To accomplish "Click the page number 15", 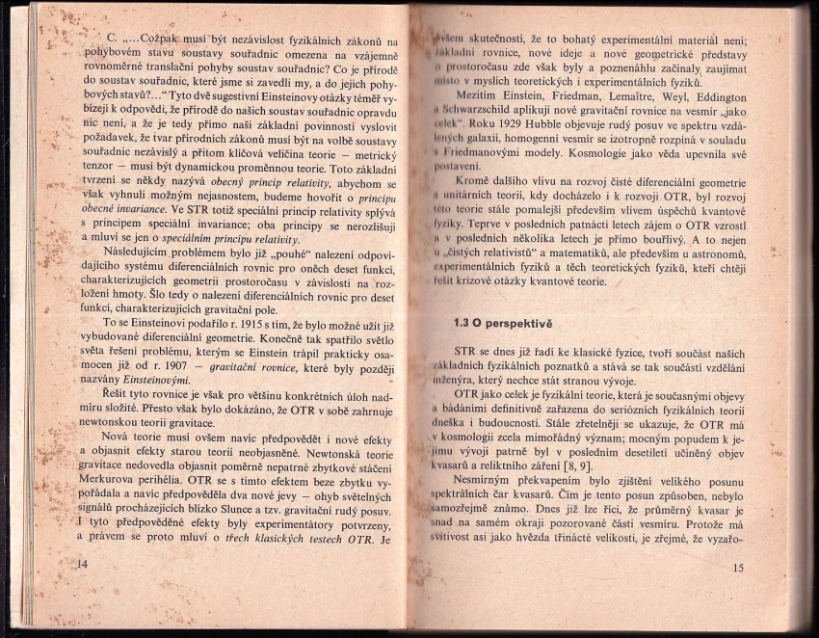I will pyautogui.click(x=738, y=568).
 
